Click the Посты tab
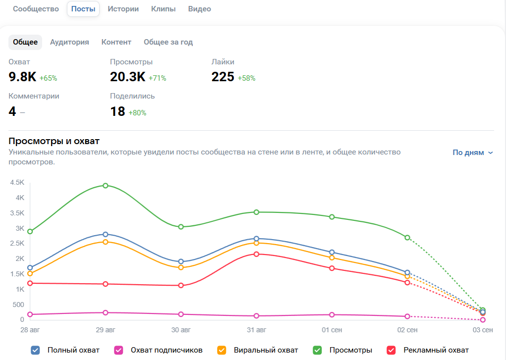[83, 9]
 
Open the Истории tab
[123, 9]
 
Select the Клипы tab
[164, 9]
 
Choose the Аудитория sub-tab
[69, 42]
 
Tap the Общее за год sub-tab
[168, 42]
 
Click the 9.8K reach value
[22, 77]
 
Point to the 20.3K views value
[127, 77]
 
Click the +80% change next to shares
[137, 113]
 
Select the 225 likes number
[223, 77]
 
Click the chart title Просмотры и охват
[54, 141]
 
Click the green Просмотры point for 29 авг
[106, 186]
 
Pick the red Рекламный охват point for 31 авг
[256, 254]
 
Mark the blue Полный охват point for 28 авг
[30, 268]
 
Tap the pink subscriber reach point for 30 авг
[181, 314]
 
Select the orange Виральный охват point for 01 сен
[332, 257]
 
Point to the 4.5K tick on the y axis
[17, 182]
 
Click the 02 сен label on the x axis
[407, 330]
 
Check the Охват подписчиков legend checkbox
[118, 350]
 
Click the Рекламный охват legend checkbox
[392, 350]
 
